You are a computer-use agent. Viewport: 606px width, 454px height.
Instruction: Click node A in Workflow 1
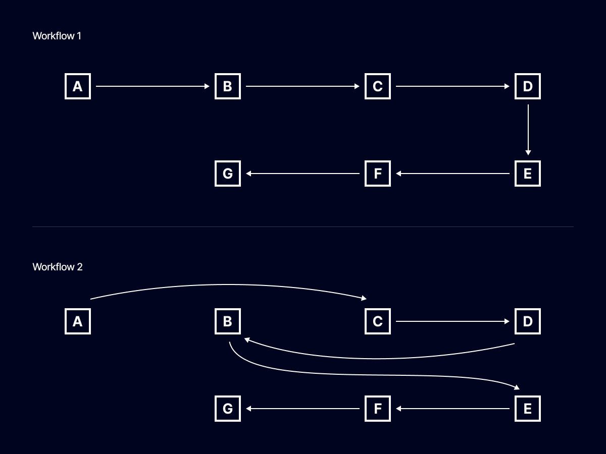(x=78, y=86)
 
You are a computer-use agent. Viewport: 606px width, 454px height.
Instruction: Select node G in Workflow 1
(x=228, y=174)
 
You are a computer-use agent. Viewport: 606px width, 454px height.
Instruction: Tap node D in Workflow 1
(x=528, y=86)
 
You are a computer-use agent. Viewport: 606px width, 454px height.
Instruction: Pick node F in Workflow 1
(x=378, y=174)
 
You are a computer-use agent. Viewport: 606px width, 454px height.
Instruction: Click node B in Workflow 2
(x=228, y=321)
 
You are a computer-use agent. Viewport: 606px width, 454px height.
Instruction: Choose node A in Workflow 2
(x=78, y=321)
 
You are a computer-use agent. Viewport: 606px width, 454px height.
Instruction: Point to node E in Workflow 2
(x=528, y=409)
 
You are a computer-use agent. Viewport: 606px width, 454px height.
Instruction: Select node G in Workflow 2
(x=228, y=409)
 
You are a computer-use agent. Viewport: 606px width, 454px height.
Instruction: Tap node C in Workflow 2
(x=378, y=321)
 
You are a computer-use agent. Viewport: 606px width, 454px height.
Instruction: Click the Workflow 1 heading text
(x=57, y=36)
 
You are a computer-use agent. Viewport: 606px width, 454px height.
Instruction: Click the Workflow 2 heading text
(x=57, y=267)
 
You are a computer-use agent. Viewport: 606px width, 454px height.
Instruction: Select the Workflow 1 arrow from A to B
(x=151, y=86)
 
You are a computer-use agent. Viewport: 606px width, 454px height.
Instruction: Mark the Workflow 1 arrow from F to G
(x=303, y=174)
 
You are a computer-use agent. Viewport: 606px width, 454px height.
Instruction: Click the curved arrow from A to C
(x=227, y=286)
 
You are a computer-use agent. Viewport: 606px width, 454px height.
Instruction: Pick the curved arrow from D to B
(x=379, y=359)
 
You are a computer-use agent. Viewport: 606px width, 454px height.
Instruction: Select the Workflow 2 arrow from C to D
(x=452, y=321)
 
